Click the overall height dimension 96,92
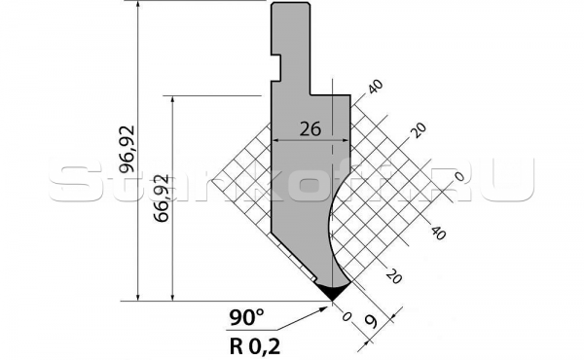pos(127,149)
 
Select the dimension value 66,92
pos(163,198)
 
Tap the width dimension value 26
pos(310,129)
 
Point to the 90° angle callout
pos(246,317)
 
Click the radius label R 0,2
pos(255,346)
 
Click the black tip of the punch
pos(332,291)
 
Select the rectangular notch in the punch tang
pos(276,67)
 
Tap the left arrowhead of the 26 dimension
pos(275,140)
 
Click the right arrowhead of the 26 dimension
pos(345,140)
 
